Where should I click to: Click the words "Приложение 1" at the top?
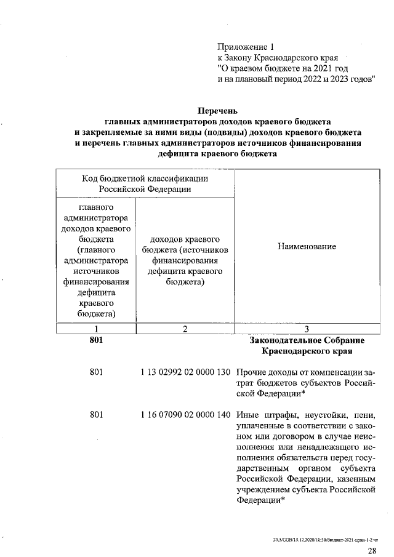click(244, 47)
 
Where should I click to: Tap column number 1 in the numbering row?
click(95, 329)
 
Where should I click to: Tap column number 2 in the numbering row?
click(184, 329)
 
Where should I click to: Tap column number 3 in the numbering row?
click(307, 329)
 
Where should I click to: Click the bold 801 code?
click(95, 340)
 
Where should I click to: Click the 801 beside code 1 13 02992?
click(95, 372)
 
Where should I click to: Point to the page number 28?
click(372, 550)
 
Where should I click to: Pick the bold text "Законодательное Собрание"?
click(307, 340)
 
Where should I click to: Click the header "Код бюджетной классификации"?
click(145, 178)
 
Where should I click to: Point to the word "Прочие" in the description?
click(252, 372)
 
